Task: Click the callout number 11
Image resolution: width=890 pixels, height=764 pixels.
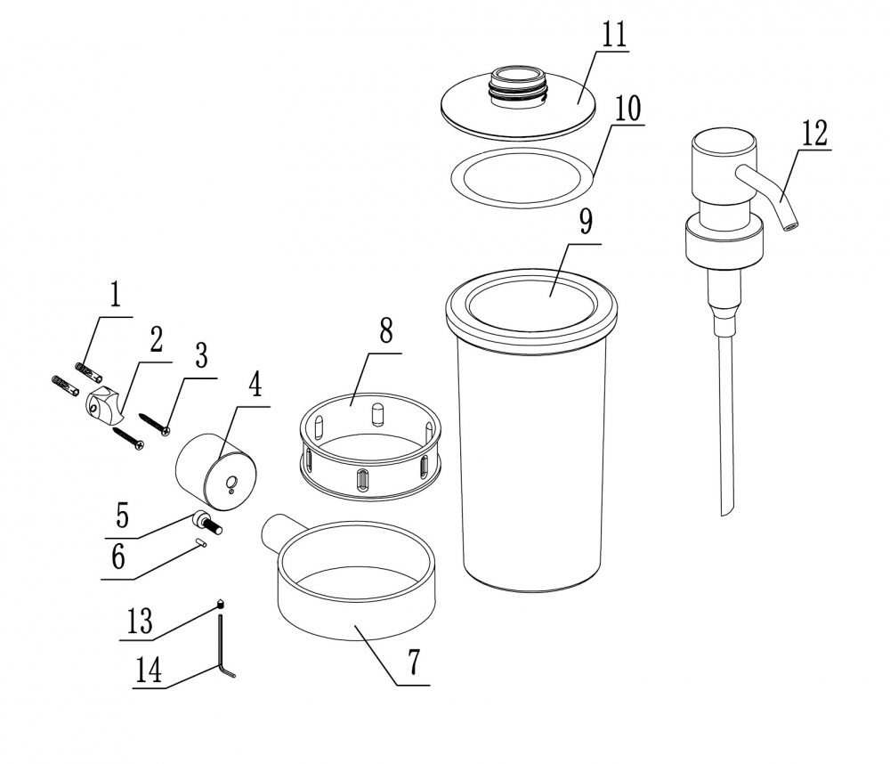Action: pyautogui.click(x=614, y=36)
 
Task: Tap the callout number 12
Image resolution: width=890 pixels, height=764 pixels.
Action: pyautogui.click(x=814, y=134)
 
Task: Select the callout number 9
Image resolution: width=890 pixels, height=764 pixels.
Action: pyautogui.click(x=586, y=221)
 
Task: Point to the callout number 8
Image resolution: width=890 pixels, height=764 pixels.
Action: pyautogui.click(x=386, y=330)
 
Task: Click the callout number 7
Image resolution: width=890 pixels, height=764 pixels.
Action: pyautogui.click(x=414, y=662)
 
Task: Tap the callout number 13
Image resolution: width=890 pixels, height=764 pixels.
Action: pyautogui.click(x=139, y=621)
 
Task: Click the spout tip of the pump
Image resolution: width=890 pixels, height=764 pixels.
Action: pyautogui.click(x=789, y=227)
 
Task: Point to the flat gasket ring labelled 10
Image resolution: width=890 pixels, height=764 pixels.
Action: pyautogui.click(x=522, y=177)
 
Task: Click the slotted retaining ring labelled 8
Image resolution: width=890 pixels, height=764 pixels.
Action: pyautogui.click(x=370, y=446)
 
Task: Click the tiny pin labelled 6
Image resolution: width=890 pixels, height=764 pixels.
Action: pyautogui.click(x=201, y=542)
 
